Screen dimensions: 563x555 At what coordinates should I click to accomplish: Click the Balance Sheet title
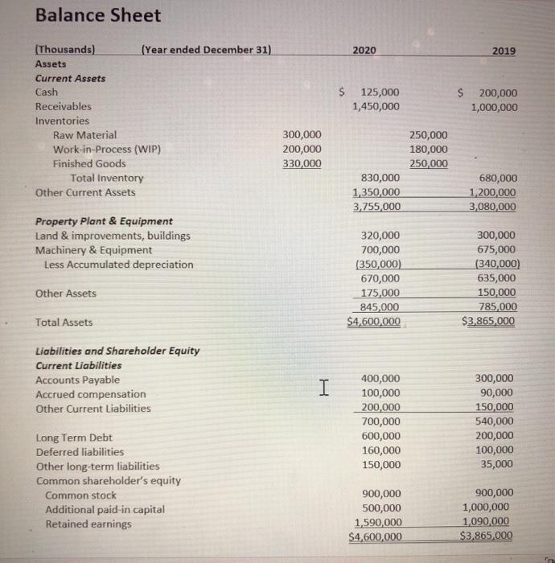[x=98, y=15]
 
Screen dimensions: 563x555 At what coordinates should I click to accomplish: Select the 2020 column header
[x=364, y=50]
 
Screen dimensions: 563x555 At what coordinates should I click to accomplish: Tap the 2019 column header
[x=504, y=51]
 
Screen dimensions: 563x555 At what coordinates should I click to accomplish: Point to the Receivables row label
[x=64, y=106]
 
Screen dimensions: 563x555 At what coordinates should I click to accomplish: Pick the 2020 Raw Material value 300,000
[x=302, y=134]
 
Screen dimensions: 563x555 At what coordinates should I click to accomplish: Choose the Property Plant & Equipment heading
[x=105, y=221]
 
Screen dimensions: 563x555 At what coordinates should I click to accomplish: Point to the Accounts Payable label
[x=78, y=380]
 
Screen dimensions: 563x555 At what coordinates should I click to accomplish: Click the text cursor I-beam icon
[x=323, y=388]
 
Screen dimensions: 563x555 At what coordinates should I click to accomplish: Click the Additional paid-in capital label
[x=105, y=510]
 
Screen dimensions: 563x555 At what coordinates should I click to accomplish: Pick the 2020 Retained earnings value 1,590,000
[x=378, y=523]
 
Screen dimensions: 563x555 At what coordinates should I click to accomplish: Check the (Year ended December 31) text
[x=206, y=50]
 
